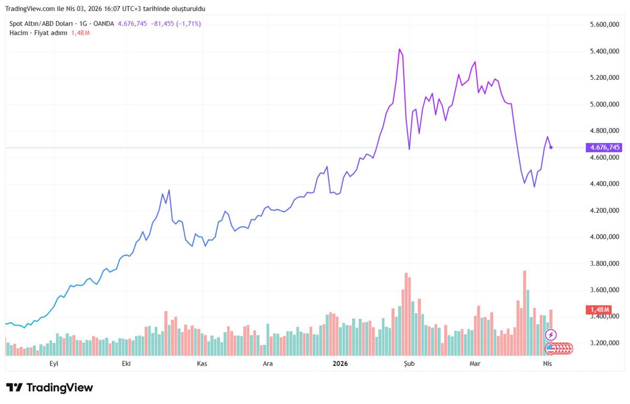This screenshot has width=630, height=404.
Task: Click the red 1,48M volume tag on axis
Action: pos(599,309)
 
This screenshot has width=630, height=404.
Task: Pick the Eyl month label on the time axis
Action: pos(54,364)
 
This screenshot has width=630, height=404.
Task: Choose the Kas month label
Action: pos(203,364)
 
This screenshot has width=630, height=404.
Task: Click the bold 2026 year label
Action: pos(340,364)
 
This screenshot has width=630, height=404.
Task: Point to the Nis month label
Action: pos(547,364)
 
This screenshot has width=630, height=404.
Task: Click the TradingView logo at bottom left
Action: pos(50,388)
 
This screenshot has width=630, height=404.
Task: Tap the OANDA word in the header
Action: pos(103,24)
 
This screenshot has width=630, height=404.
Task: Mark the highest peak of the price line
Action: pos(400,49)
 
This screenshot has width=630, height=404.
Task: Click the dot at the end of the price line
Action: pos(551,148)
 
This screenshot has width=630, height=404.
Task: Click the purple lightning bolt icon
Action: pos(551,335)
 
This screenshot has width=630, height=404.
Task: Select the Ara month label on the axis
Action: pos(268,364)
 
